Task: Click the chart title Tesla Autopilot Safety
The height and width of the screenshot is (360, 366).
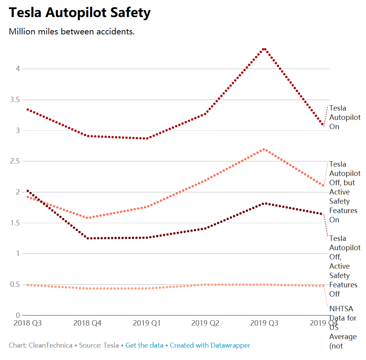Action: pyautogui.click(x=80, y=13)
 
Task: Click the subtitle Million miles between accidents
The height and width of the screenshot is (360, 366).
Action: pyautogui.click(x=72, y=32)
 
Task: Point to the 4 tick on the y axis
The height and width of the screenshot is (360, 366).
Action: pyautogui.click(x=17, y=69)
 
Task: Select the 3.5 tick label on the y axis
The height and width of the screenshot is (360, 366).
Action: pyautogui.click(x=15, y=100)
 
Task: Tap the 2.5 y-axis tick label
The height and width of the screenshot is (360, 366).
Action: pyautogui.click(x=15, y=161)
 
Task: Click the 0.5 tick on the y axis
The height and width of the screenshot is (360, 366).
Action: pyautogui.click(x=15, y=285)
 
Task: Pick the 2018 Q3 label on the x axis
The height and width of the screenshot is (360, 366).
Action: pyautogui.click(x=27, y=323)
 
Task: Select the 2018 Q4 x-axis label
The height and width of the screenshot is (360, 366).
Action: pyautogui.click(x=87, y=323)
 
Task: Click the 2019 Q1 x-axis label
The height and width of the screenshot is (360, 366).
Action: pyautogui.click(x=146, y=323)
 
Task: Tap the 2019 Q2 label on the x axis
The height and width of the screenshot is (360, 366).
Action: pyautogui.click(x=205, y=323)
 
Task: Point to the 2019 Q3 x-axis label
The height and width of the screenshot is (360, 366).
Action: pyautogui.click(x=264, y=323)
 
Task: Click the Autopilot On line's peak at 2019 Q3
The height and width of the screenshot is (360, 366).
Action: pyautogui.click(x=264, y=49)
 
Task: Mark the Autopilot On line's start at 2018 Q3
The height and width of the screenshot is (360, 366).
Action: pyautogui.click(x=27, y=109)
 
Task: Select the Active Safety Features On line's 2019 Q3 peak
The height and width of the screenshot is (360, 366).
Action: pyautogui.click(x=264, y=149)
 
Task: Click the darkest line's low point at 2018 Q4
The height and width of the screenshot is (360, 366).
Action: pyautogui.click(x=88, y=238)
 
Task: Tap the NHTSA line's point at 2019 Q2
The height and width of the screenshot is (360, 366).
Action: pyautogui.click(x=205, y=285)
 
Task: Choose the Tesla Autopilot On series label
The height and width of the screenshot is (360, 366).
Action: pyautogui.click(x=345, y=118)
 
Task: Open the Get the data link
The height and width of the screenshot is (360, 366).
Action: pyautogui.click(x=144, y=345)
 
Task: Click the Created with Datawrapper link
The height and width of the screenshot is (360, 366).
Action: pyautogui.click(x=210, y=345)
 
